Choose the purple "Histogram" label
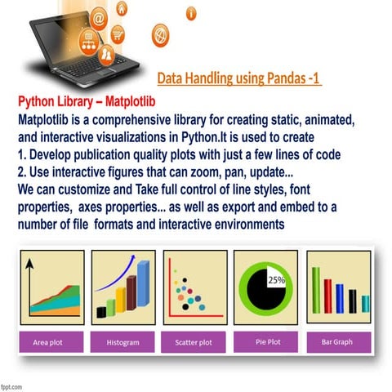click(x=122, y=342)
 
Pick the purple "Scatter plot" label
click(x=194, y=342)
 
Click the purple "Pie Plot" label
click(x=266, y=341)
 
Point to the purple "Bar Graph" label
click(x=337, y=341)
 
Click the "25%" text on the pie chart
click(x=276, y=280)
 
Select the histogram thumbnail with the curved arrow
click(x=123, y=287)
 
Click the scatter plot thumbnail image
click(x=194, y=287)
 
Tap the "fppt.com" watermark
click(x=12, y=384)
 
